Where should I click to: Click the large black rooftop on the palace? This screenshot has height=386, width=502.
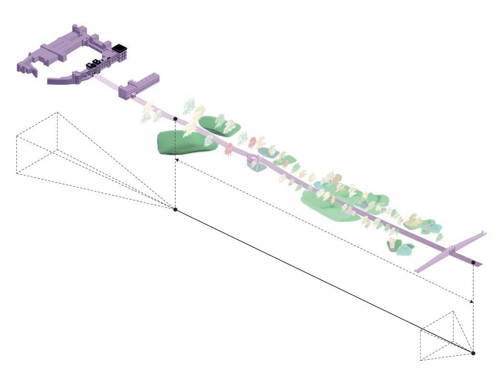coord(119,48)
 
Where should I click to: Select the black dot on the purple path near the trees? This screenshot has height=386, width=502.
coord(175,118)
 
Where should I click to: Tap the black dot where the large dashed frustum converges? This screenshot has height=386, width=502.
coord(175,210)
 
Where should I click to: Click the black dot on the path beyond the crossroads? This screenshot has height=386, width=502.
coord(473,263)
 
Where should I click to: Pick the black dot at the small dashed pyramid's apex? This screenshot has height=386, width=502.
coord(473,353)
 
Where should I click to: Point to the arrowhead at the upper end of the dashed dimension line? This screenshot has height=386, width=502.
coord(177,160)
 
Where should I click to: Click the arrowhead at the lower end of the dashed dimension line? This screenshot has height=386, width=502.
coord(472,301)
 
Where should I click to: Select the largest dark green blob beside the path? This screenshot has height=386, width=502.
coord(180,143)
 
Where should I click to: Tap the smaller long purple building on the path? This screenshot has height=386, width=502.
coord(139,86)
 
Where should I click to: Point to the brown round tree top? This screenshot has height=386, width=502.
coord(338,177)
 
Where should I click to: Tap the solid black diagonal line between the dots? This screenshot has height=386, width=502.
coord(324,281)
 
